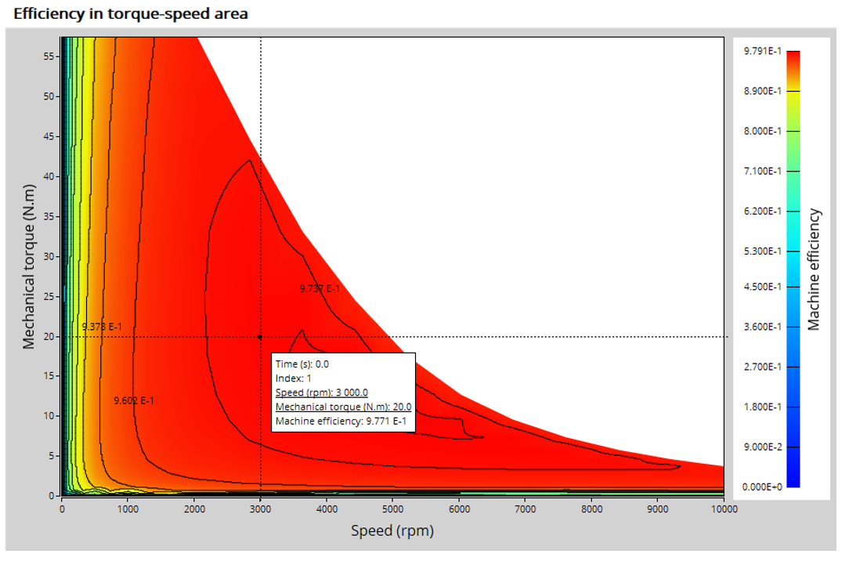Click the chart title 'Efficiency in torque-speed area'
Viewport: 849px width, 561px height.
131,13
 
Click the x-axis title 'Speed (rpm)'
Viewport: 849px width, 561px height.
392,530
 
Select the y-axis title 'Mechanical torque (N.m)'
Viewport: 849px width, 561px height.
28,266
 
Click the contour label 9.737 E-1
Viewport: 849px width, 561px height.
320,288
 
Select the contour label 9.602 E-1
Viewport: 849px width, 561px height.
134,400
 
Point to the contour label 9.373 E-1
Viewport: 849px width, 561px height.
102,326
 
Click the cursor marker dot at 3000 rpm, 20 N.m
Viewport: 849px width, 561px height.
260,337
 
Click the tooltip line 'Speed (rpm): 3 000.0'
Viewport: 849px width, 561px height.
321,393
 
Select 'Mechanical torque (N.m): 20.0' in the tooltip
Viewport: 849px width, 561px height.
343,407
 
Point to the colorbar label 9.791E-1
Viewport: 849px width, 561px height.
762,51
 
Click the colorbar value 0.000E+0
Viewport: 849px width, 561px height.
762,487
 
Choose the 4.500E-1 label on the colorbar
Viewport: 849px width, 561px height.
762,287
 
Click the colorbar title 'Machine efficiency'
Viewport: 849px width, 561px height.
814,269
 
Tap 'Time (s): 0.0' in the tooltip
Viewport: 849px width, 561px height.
302,364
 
